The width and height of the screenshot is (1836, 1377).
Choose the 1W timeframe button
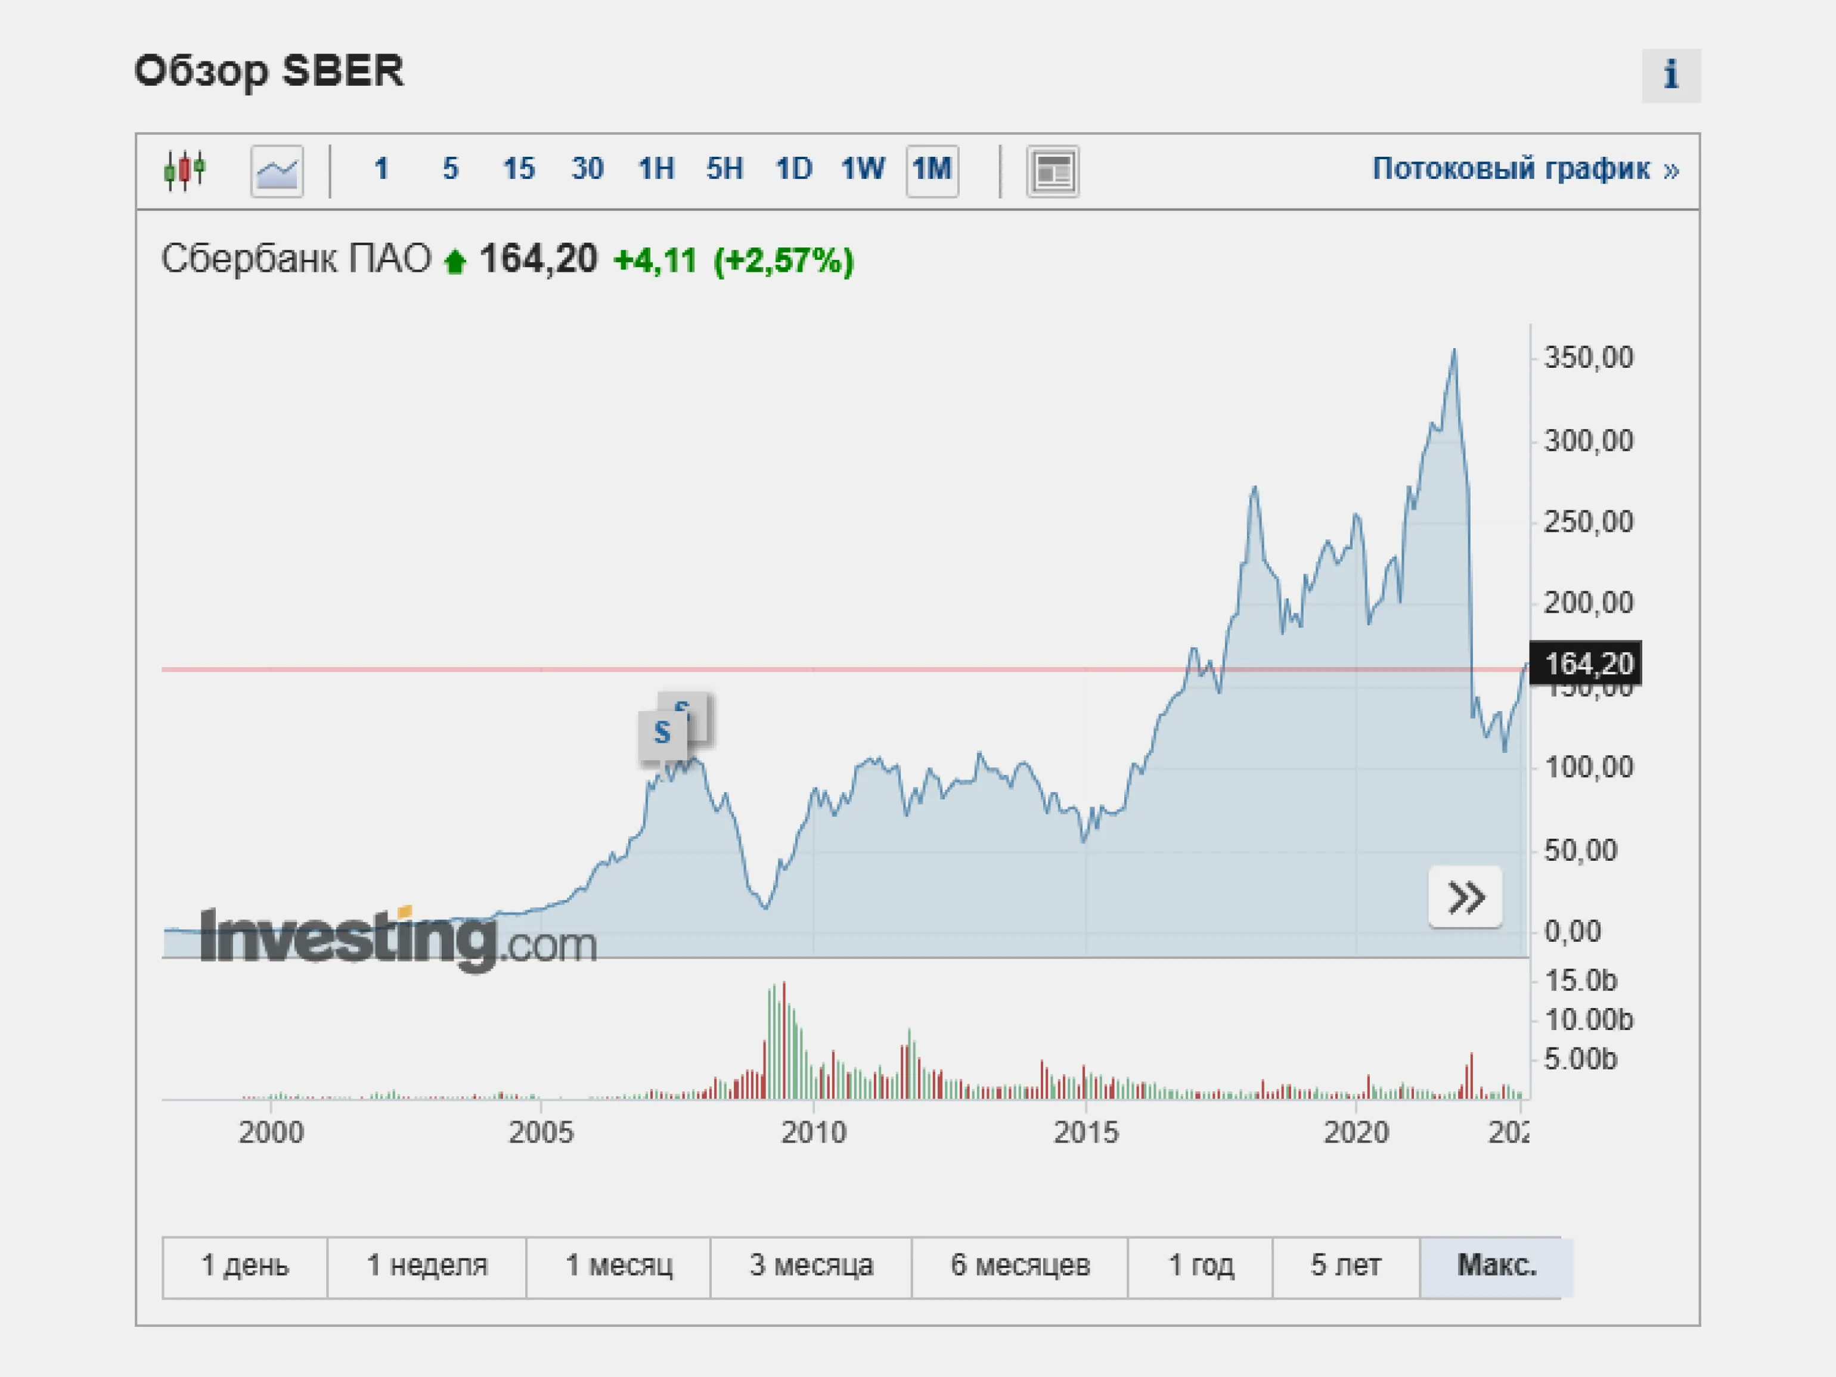863,169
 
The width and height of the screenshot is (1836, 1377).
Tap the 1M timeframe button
931,170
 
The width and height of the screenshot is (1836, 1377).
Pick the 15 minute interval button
519,169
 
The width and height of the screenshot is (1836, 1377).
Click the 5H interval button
724,169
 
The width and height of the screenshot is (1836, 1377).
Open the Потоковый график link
1525,169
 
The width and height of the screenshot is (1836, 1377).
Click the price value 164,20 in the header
538,259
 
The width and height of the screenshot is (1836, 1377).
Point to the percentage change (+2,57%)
783,260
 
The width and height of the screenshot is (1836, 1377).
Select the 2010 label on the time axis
814,1132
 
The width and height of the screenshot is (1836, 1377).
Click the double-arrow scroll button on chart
1465,897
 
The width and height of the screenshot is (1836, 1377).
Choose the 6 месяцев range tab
1019,1266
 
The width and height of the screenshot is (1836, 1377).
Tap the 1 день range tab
245,1266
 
